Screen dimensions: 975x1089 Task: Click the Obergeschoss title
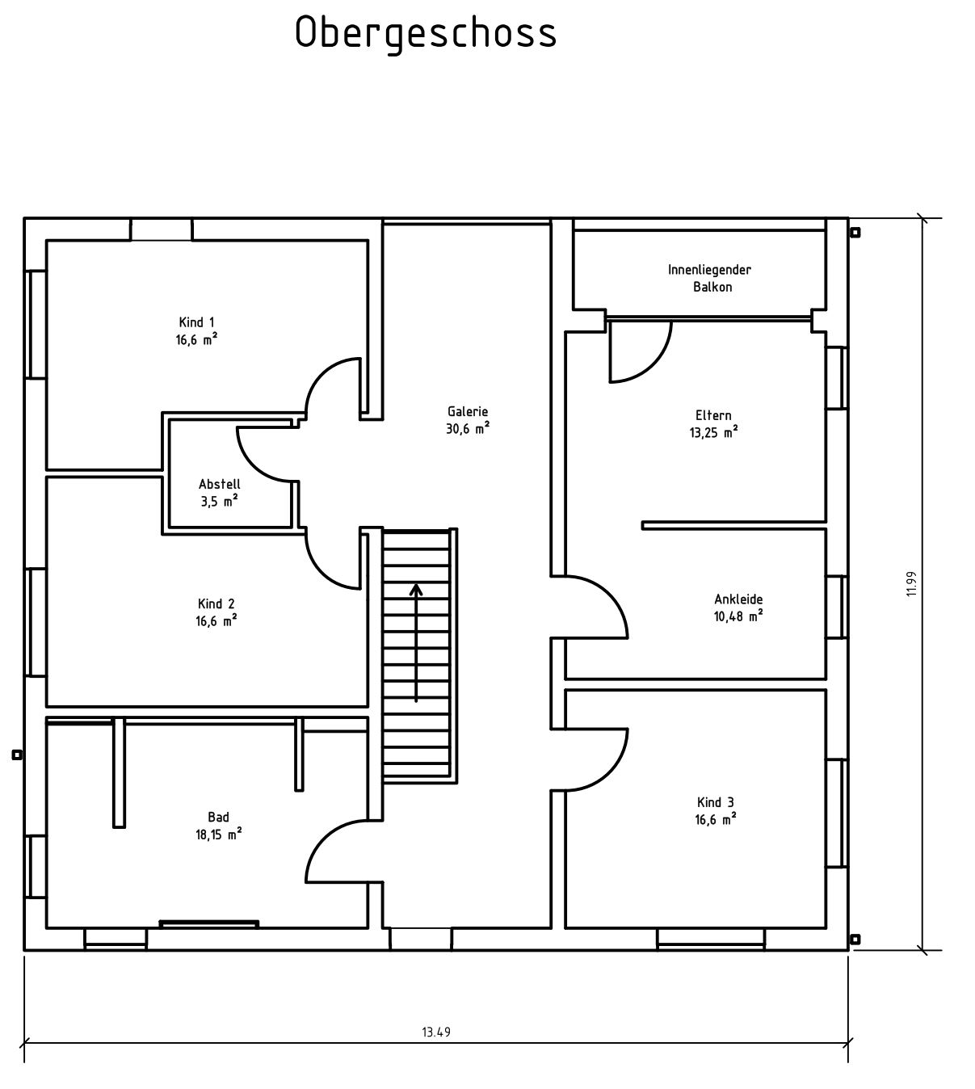point(426,34)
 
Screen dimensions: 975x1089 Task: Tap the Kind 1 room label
point(197,322)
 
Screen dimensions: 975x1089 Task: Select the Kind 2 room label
point(216,603)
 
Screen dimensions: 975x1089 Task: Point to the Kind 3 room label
point(716,802)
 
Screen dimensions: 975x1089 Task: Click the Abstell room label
point(219,484)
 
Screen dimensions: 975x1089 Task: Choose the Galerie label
point(468,412)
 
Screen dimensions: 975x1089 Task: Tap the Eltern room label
point(713,415)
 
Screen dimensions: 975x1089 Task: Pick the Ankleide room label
point(738,599)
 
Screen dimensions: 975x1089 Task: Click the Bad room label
point(218,818)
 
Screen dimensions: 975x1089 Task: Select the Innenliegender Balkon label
point(709,278)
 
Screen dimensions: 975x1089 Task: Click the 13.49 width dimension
point(436,1032)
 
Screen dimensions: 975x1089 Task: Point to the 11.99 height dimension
point(910,584)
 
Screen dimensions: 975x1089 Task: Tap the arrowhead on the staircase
point(416,591)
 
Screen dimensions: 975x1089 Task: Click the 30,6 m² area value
point(468,428)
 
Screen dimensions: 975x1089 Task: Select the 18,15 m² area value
point(218,835)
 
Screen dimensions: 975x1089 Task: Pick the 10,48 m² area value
point(738,616)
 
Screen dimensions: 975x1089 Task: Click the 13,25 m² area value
point(713,433)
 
